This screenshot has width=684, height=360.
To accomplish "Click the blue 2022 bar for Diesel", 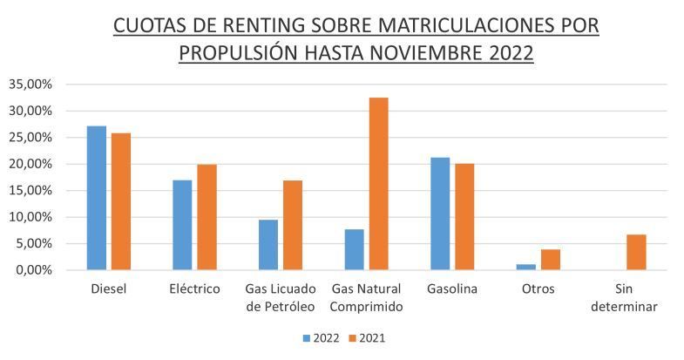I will (97, 198).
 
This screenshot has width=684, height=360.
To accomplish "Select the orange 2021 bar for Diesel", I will (120, 201).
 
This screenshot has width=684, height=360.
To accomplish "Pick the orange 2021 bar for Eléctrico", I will (207, 217).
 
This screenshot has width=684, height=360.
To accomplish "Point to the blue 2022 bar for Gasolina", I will (440, 214).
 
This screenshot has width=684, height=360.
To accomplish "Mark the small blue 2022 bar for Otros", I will (525, 267).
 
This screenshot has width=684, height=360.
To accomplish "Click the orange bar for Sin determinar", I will (635, 252).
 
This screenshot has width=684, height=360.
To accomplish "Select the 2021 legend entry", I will (368, 337).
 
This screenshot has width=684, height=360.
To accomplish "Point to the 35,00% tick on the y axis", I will (30, 85).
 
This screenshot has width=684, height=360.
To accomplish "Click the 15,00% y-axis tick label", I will (30, 190).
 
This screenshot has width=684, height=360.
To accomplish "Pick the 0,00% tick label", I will (34, 270).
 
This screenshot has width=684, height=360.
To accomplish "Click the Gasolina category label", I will (451, 289).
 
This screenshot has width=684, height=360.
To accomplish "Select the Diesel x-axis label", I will (109, 289).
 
